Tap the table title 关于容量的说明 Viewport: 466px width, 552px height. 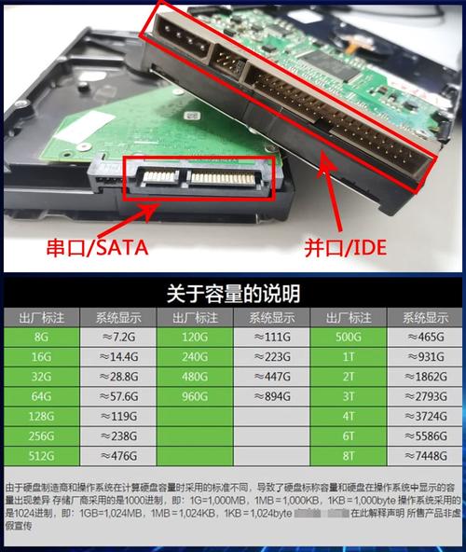point(233,295)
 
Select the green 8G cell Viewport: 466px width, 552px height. point(40,336)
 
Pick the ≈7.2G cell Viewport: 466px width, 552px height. point(117,336)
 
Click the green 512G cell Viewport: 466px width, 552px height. point(40,456)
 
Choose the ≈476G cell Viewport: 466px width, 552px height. point(117,456)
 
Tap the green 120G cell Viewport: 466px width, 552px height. point(194,336)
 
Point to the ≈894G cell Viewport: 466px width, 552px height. point(271,395)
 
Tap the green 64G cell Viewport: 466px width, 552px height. point(40,395)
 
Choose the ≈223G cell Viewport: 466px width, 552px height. point(271,355)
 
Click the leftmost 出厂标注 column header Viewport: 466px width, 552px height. point(40,317)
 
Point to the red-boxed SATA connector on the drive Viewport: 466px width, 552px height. point(199,177)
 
